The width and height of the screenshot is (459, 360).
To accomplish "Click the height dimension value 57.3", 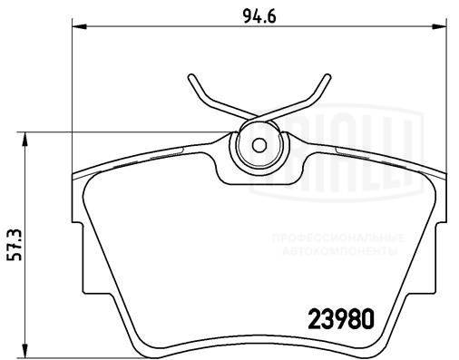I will point(12,244).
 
